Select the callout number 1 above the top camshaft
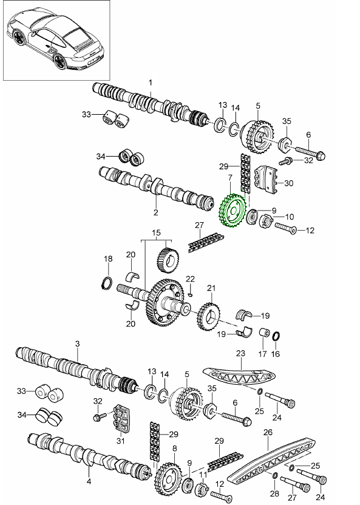pos(151,83)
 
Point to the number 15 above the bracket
pos(157,232)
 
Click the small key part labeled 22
pos(190,294)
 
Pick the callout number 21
pos(211,288)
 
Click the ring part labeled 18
pos(107,282)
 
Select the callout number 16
pos(276,354)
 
